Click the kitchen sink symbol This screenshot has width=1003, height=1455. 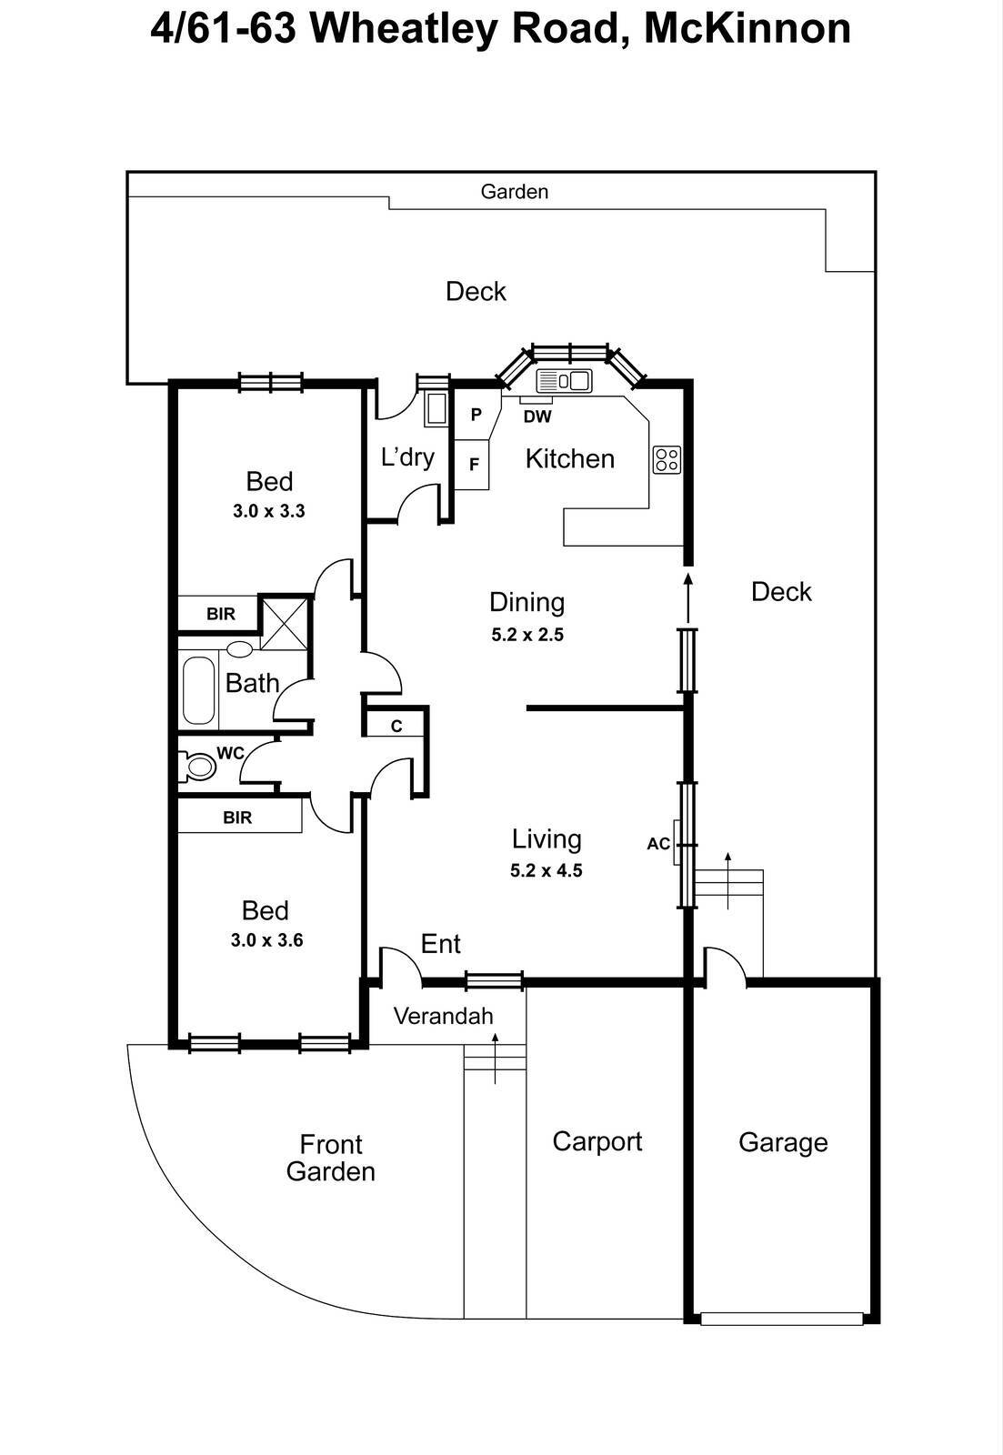click(564, 380)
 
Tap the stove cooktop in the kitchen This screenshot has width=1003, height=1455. click(667, 459)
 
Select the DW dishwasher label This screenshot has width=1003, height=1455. click(537, 417)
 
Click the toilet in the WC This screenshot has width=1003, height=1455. click(197, 768)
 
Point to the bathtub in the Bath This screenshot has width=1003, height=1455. click(198, 691)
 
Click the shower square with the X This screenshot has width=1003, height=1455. click(286, 623)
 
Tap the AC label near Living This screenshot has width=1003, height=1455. click(658, 844)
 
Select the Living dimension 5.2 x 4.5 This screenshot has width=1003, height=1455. click(546, 870)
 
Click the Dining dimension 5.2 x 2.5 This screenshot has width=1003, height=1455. click(527, 635)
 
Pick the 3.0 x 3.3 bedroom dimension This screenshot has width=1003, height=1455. click(268, 511)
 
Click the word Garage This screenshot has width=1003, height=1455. click(783, 1142)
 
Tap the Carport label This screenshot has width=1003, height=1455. click(597, 1141)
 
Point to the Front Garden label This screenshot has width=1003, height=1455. click(331, 1158)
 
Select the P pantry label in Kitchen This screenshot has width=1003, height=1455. click(476, 415)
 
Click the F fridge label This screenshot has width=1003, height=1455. click(474, 464)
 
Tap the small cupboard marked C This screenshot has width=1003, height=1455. click(396, 726)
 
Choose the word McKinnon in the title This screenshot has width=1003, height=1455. click(747, 29)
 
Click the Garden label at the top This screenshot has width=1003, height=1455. click(514, 192)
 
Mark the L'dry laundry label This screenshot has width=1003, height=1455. click(407, 457)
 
